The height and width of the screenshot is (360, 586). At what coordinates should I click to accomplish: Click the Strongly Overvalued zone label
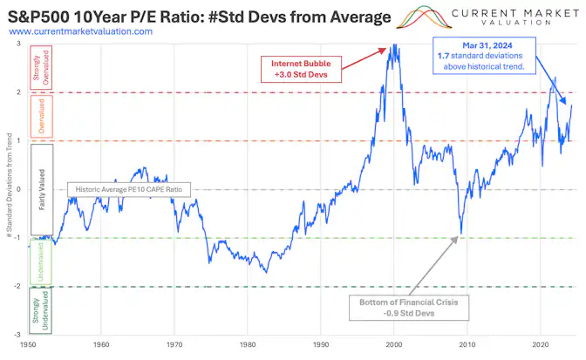pos(41,68)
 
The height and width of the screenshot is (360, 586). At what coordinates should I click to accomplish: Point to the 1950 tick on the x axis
pos(29,343)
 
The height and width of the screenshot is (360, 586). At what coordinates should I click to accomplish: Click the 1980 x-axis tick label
pos(248,343)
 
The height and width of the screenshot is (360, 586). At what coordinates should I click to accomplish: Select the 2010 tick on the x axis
pos(467,343)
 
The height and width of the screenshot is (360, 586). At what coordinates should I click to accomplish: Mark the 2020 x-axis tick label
pos(540,343)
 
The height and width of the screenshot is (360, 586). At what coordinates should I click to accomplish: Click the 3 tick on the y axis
pos(19,44)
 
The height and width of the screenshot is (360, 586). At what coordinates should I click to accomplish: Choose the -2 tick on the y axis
pos(17,287)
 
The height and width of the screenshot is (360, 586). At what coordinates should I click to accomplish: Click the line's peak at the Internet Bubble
pos(394,44)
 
